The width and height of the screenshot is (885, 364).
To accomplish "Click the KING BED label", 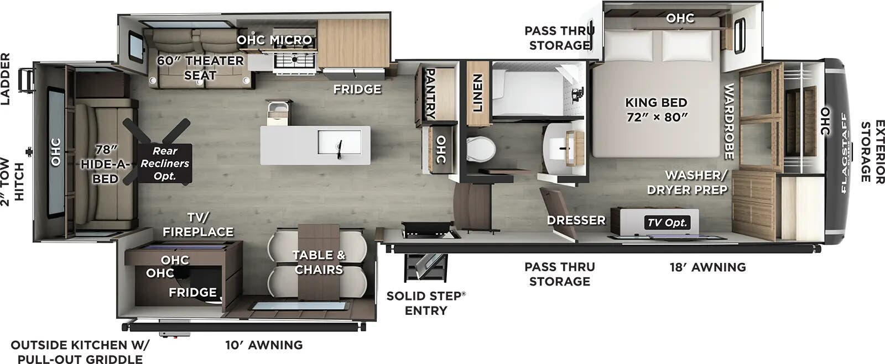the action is coord(656,102).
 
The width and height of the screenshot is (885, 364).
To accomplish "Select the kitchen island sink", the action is coord(340,143).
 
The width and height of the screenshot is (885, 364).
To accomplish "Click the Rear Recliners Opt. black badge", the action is coord(165,163).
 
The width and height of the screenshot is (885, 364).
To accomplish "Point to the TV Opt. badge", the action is coord(667,223).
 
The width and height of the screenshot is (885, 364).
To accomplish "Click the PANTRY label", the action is coord(430,94).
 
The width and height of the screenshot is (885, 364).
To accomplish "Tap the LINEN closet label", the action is coord(478,93).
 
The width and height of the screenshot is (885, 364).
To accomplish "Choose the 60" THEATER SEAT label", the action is coord(200,68).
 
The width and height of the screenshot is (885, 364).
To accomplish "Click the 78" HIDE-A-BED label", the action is coord(106,164).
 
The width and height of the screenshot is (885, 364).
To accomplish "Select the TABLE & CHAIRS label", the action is coord(319,262).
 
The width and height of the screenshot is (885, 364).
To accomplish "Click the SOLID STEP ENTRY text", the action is coord(426,303).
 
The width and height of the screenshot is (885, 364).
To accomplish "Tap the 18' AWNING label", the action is coord(707,267).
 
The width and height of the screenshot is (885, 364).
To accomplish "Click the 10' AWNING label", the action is coord(264,345).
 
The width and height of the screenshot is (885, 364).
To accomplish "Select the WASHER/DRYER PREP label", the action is coord(687,182).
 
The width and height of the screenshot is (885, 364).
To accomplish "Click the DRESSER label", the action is coord(576,220).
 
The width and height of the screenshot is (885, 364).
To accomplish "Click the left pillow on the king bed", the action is coord(628,45).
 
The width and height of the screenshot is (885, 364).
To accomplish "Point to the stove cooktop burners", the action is coord(295,59).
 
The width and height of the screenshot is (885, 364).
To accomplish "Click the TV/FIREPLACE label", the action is coord(198,224).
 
